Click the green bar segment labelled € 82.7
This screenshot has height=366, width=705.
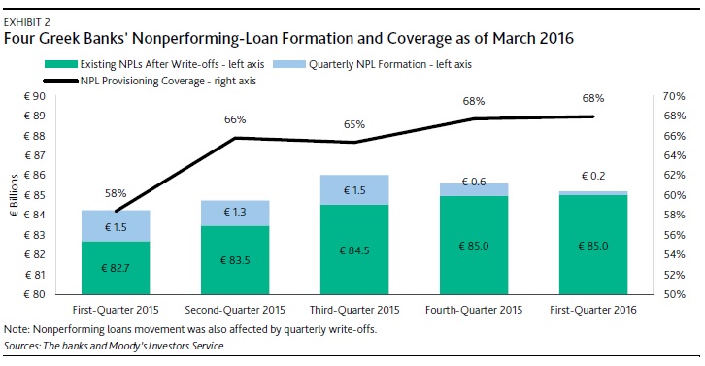point(116,268)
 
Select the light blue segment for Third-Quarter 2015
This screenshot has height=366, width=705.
point(354,189)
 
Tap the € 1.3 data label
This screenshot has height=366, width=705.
point(235,212)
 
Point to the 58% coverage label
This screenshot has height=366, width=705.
point(116,193)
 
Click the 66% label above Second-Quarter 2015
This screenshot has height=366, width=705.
point(235,119)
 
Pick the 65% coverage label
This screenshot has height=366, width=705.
point(354,124)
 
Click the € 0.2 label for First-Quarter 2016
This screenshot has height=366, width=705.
point(593,176)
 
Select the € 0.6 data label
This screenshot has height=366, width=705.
point(474,182)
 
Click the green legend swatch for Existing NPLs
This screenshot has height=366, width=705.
point(61,64)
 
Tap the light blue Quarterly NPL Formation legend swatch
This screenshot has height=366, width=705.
point(289,64)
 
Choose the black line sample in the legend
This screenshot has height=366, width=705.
point(61,81)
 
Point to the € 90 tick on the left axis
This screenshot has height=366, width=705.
point(35,96)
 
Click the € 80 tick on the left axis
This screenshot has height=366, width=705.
point(35,294)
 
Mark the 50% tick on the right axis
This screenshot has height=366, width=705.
point(675,294)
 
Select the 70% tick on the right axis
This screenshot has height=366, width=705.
point(675,96)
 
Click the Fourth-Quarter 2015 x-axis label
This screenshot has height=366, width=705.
point(474,310)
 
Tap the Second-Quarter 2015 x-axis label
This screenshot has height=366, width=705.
point(235,310)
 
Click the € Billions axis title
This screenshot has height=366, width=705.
point(15,195)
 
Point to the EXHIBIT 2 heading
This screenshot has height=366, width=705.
point(26,22)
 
